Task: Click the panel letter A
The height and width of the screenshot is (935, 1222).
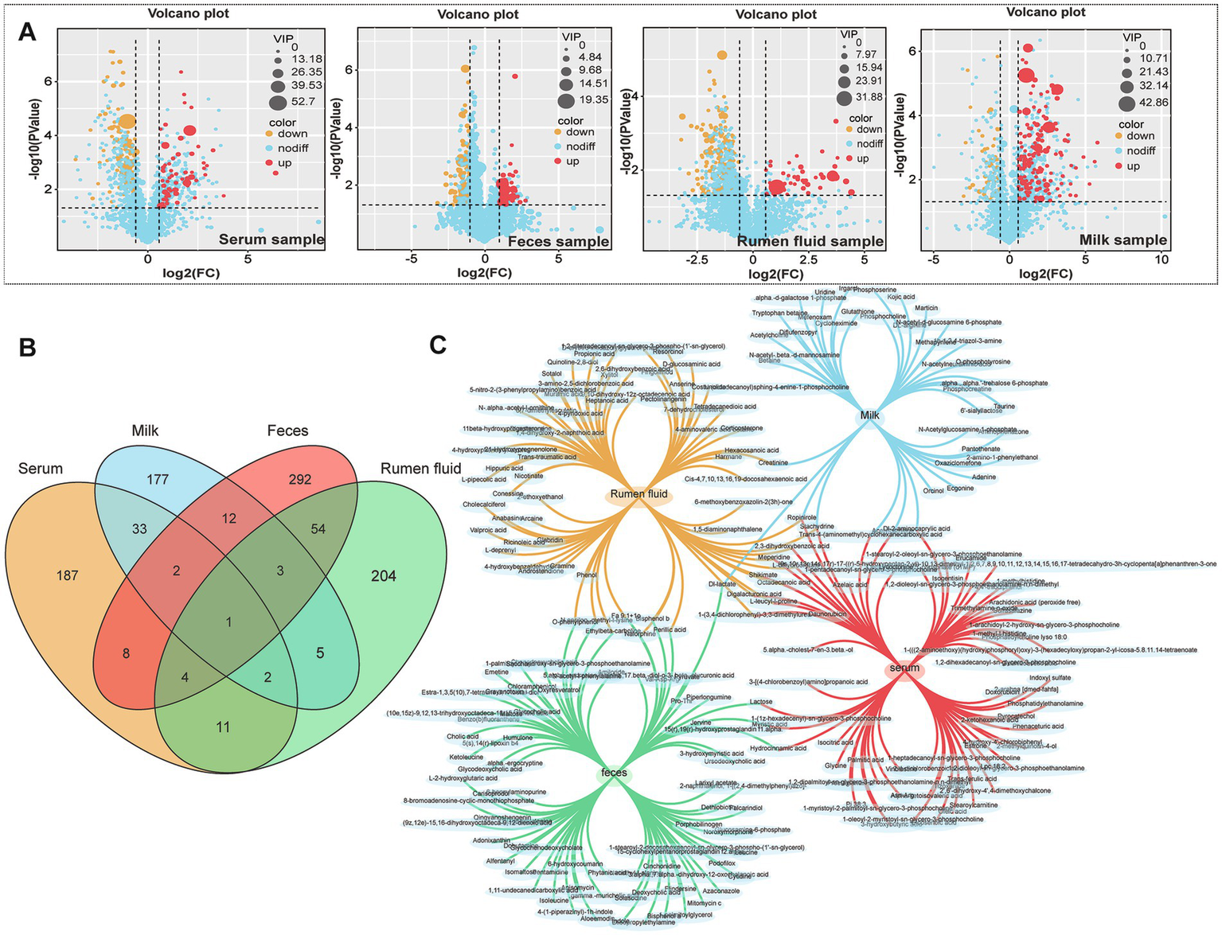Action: pos(26,32)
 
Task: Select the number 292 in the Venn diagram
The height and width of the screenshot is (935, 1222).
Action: pos(300,479)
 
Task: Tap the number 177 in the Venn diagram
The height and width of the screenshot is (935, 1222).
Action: pos(158,479)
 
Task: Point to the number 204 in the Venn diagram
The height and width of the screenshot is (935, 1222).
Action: pos(383,575)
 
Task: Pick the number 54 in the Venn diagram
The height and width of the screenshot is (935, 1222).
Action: pos(318,529)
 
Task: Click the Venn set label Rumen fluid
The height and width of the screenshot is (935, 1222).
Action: pos(420,469)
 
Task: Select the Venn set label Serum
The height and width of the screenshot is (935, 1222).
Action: pos(40,469)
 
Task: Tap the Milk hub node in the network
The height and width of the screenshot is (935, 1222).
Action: pos(869,415)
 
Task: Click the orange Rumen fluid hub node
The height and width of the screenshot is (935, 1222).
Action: pos(639,494)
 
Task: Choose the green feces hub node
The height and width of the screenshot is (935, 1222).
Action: pos(614,773)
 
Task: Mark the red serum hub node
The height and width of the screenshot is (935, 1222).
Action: pos(904,668)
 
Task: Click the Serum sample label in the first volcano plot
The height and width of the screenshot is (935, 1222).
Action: pos(271,240)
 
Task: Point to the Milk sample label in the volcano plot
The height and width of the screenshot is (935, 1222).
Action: pos(1123,240)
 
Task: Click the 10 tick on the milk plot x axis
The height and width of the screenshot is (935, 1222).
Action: pos(1161,259)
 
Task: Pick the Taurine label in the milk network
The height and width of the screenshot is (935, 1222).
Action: pos(1004,407)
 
